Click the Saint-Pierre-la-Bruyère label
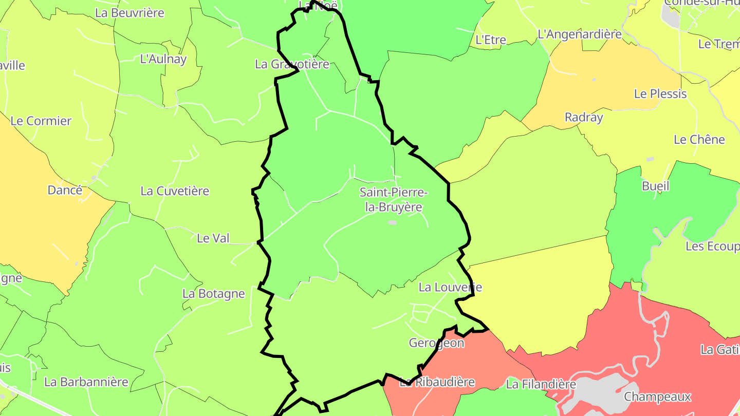(x=393, y=200)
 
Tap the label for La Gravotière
(x=292, y=64)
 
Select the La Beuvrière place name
(x=129, y=13)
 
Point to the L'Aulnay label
(x=163, y=59)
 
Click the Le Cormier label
(x=41, y=121)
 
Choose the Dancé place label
(x=65, y=190)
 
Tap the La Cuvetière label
(x=175, y=191)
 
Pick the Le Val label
(x=213, y=238)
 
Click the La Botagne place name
(x=214, y=294)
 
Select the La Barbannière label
(x=86, y=382)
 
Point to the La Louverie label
(x=450, y=287)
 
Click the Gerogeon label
(x=436, y=343)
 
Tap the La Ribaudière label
(x=437, y=382)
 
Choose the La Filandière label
(x=541, y=384)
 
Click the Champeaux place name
(x=657, y=397)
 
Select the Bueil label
(x=656, y=186)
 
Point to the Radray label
(x=584, y=117)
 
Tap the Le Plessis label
(x=660, y=94)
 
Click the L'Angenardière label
(x=579, y=34)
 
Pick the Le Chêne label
(x=699, y=140)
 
